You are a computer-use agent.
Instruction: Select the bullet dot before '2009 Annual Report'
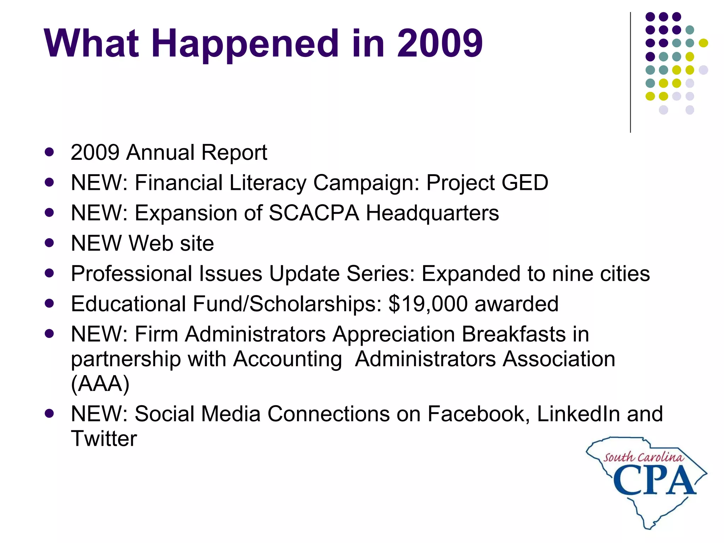pos(49,152)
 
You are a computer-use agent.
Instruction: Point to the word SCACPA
pos(314,213)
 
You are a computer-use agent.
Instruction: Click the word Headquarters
pos(432,213)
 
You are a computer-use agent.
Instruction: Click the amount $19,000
pos(428,304)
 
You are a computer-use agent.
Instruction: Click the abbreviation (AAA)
pos(100,384)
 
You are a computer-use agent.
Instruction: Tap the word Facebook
pos(478,414)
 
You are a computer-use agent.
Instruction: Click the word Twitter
pos(104,439)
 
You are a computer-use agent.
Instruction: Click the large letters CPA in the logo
pos(654,481)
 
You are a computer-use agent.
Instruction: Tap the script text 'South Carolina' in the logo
pos(643,457)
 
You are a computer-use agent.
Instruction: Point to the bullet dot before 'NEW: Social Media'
pos(49,413)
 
